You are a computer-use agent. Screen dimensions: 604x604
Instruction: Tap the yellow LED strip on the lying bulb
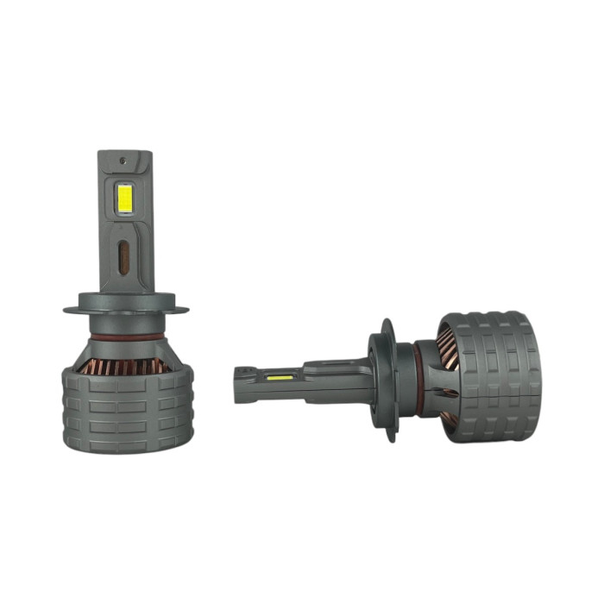(279, 377)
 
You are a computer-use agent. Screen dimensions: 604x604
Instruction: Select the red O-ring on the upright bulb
(127, 336)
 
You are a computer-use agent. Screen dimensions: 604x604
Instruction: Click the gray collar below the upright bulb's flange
(127, 323)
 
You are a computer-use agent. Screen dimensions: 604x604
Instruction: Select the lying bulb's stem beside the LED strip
(328, 378)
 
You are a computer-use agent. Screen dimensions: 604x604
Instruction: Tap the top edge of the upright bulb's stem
(125, 153)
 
